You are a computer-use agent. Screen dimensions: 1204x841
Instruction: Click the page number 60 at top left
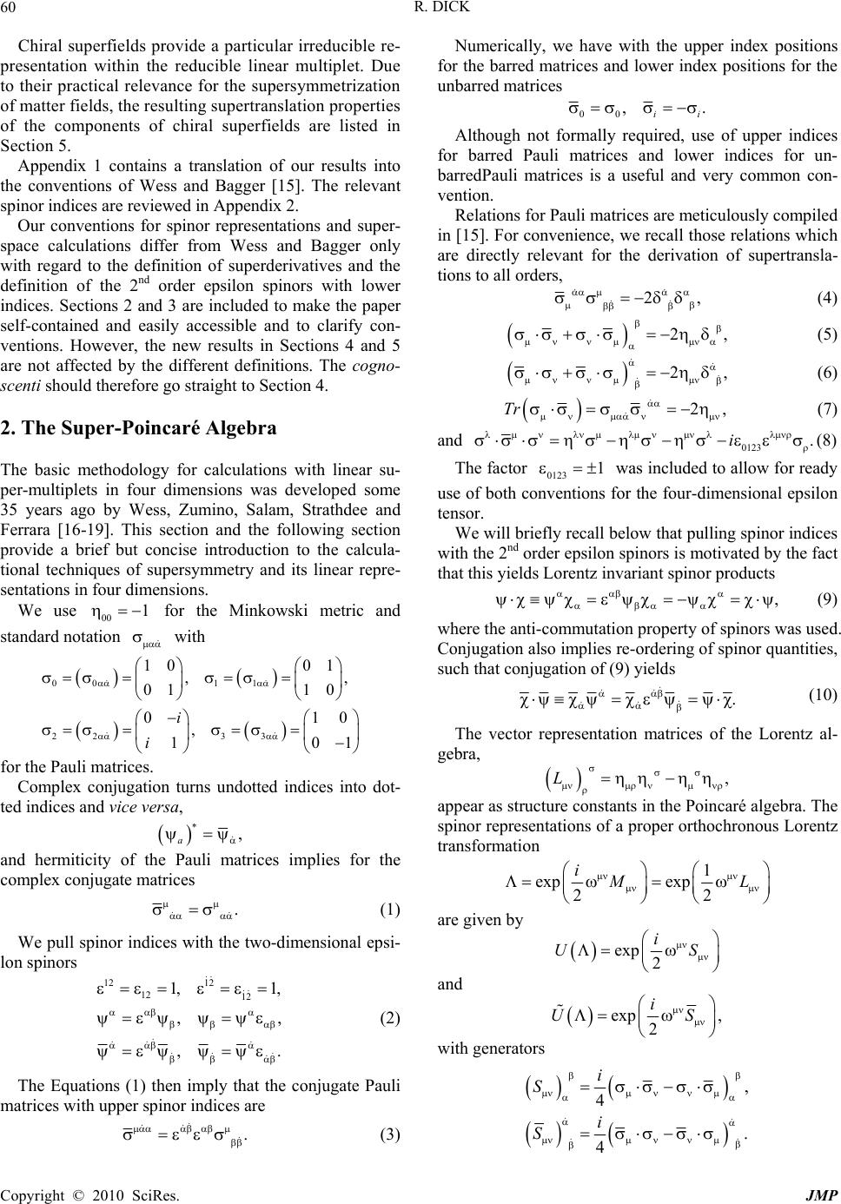click(x=15, y=10)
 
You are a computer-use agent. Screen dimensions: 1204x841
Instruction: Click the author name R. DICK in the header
click(x=420, y=10)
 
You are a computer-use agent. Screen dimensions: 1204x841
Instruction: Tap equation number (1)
click(x=391, y=910)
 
